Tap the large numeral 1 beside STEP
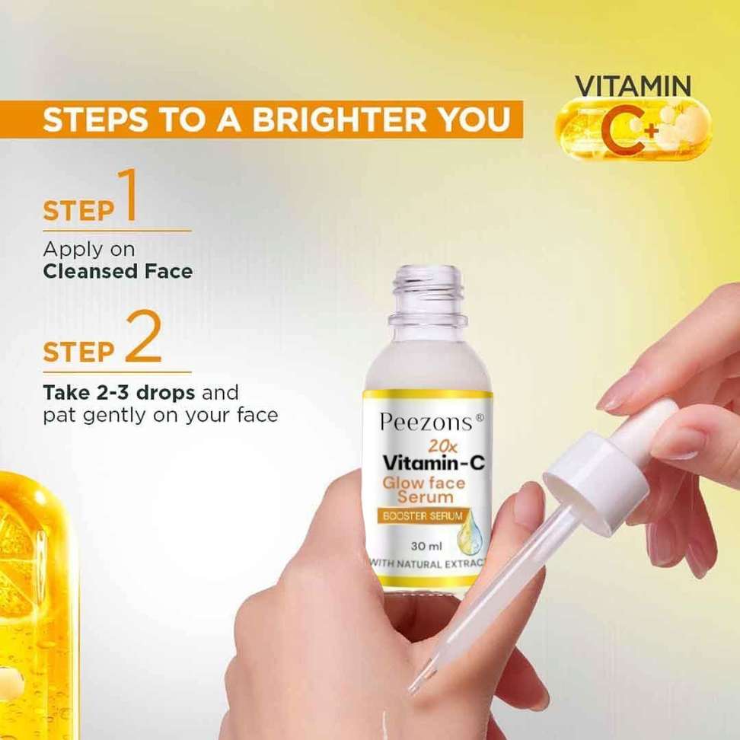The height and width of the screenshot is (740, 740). tap(126, 195)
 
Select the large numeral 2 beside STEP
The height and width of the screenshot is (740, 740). tap(142, 337)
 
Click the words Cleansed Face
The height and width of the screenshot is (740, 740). tap(118, 271)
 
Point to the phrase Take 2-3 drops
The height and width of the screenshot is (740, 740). tap(119, 393)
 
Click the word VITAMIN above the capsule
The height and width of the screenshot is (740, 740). tap(633, 86)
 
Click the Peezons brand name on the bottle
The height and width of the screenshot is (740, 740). tap(426, 423)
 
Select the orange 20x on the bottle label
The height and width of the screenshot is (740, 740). tap(442, 446)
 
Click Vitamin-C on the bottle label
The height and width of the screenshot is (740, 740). tap(434, 464)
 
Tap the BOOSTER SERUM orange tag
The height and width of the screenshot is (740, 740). tap(423, 516)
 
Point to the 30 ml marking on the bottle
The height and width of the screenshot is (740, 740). tap(426, 546)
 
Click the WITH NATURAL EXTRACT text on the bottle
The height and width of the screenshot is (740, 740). tap(426, 564)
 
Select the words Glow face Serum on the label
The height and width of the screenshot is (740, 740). tap(424, 490)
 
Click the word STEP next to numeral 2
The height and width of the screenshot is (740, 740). tap(79, 352)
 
